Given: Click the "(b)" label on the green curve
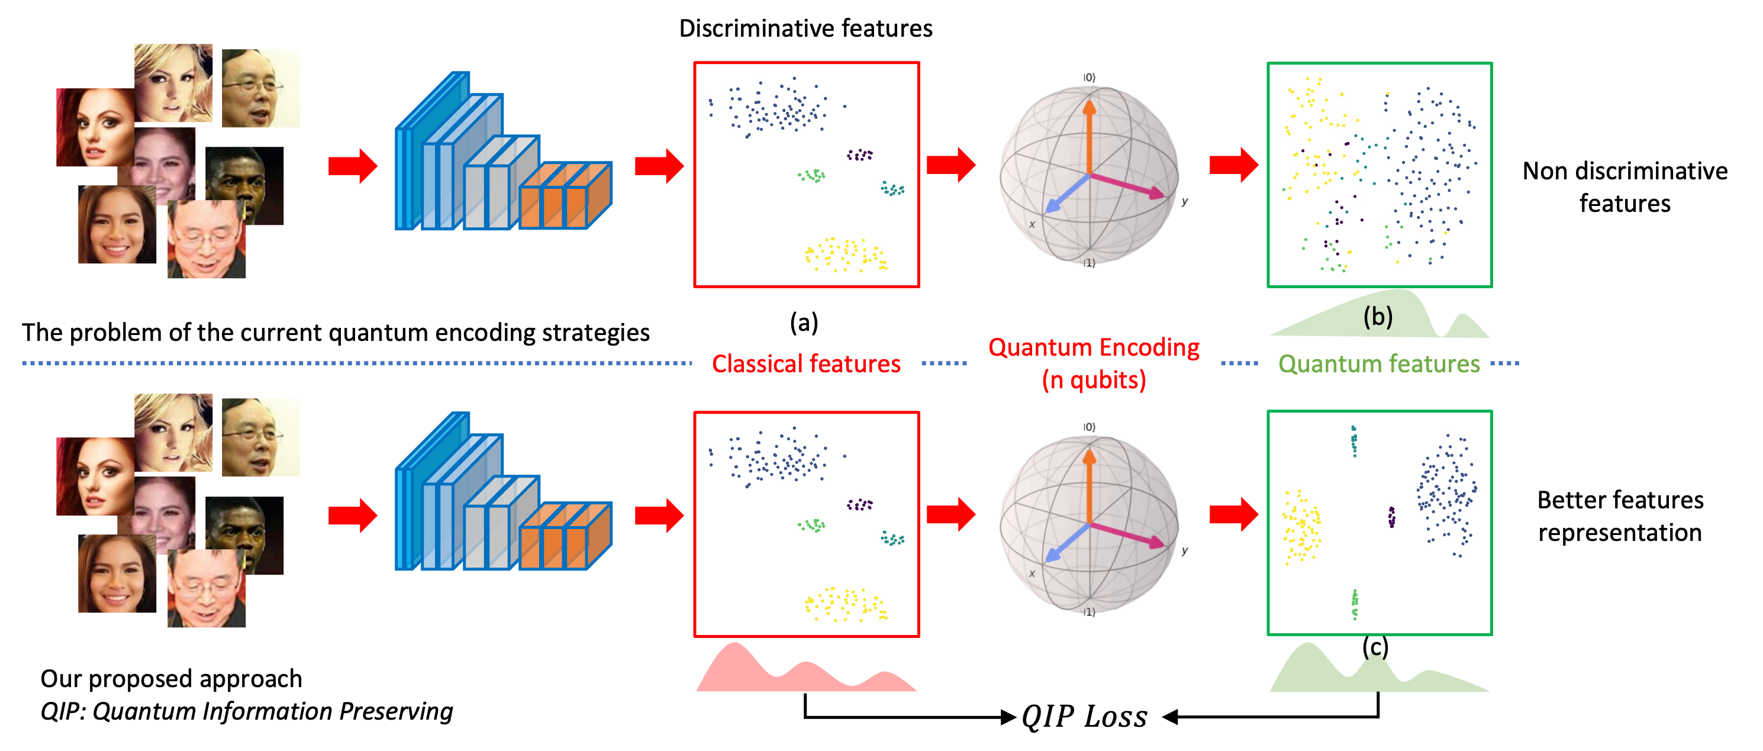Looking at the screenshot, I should [1377, 317].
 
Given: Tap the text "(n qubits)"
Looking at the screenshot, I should [1094, 381].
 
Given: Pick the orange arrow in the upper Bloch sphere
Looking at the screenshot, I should [1089, 137].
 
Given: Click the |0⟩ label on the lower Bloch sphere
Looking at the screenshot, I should [1089, 427].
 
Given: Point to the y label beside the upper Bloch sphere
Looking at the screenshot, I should [1185, 201].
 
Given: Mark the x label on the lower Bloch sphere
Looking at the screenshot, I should [1032, 573].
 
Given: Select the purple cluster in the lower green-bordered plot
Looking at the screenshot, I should [1391, 517].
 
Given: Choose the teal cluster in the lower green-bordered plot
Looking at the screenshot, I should [1353, 440].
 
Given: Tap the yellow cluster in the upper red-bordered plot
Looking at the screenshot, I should [846, 254].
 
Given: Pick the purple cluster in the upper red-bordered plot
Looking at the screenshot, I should [859, 156].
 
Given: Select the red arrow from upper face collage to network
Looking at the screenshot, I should [353, 166].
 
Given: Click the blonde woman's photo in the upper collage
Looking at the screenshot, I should [173, 82].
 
